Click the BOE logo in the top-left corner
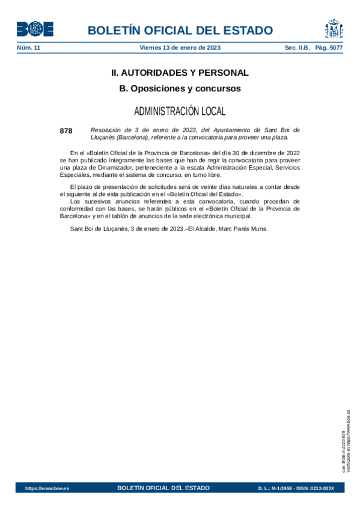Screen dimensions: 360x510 point(35,29)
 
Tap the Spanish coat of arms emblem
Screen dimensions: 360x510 point(334,29)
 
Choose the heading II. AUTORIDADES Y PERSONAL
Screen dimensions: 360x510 point(180,73)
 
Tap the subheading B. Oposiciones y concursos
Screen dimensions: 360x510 point(180,88)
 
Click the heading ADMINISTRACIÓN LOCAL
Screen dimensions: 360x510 point(180,111)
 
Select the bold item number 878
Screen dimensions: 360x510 point(66,130)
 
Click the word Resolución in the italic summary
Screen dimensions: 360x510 point(106,129)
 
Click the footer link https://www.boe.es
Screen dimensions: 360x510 point(47,488)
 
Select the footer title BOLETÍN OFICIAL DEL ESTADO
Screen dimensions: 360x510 point(163,488)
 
